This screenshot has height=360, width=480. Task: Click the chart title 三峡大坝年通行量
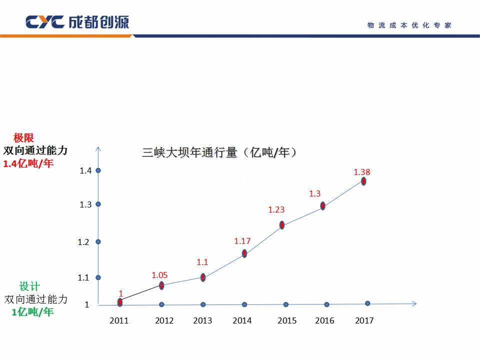pyautogui.click(x=220, y=152)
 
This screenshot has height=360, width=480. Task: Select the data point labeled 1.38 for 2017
pyautogui.click(x=364, y=181)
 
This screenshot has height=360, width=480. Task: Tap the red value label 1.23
pyautogui.click(x=276, y=210)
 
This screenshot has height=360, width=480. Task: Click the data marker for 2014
pyautogui.click(x=244, y=253)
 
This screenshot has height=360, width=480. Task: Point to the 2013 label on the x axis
pyautogui.click(x=202, y=320)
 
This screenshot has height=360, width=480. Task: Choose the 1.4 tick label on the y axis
pyautogui.click(x=85, y=170)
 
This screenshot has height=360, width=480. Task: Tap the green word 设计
pyautogui.click(x=29, y=287)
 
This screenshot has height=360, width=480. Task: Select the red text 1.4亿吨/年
pyautogui.click(x=28, y=164)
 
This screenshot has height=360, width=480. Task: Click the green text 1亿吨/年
pyautogui.click(x=32, y=312)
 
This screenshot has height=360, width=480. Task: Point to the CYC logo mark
pyautogui.click(x=44, y=22)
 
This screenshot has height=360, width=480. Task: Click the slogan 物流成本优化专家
pyautogui.click(x=409, y=25)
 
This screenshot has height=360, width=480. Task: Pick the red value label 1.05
pyautogui.click(x=159, y=275)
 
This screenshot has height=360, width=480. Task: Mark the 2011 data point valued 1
pyautogui.click(x=120, y=302)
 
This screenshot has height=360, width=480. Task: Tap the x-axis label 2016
pyautogui.click(x=324, y=320)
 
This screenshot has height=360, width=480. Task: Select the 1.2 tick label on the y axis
pyautogui.click(x=83, y=242)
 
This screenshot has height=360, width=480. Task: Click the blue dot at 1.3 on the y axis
pyautogui.click(x=98, y=204)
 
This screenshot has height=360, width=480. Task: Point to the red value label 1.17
pyautogui.click(x=242, y=241)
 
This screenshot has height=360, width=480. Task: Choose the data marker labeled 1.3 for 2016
pyautogui.click(x=323, y=205)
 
